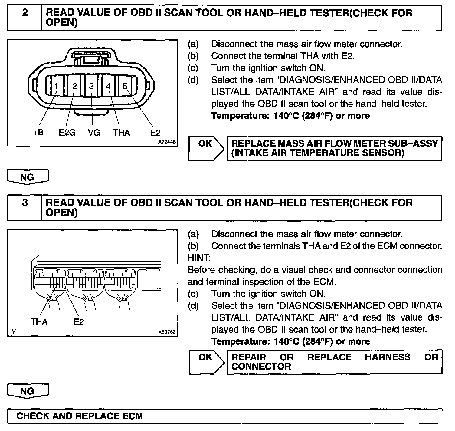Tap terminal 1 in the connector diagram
tap(56, 87)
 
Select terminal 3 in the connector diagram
tap(91, 87)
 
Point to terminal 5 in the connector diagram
tap(125, 87)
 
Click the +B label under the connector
tap(38, 133)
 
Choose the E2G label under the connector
tap(67, 133)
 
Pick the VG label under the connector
tap(94, 133)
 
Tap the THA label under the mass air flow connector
tap(121, 133)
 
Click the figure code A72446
tap(167, 141)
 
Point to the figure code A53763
tap(167, 332)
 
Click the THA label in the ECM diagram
tap(39, 322)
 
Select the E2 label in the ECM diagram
tap(79, 322)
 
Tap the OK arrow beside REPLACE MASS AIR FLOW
tap(206, 148)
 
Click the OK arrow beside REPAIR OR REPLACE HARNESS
tap(206, 362)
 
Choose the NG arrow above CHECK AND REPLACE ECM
tap(28, 391)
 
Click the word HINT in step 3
tap(198, 258)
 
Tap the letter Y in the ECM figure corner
tap(13, 332)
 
